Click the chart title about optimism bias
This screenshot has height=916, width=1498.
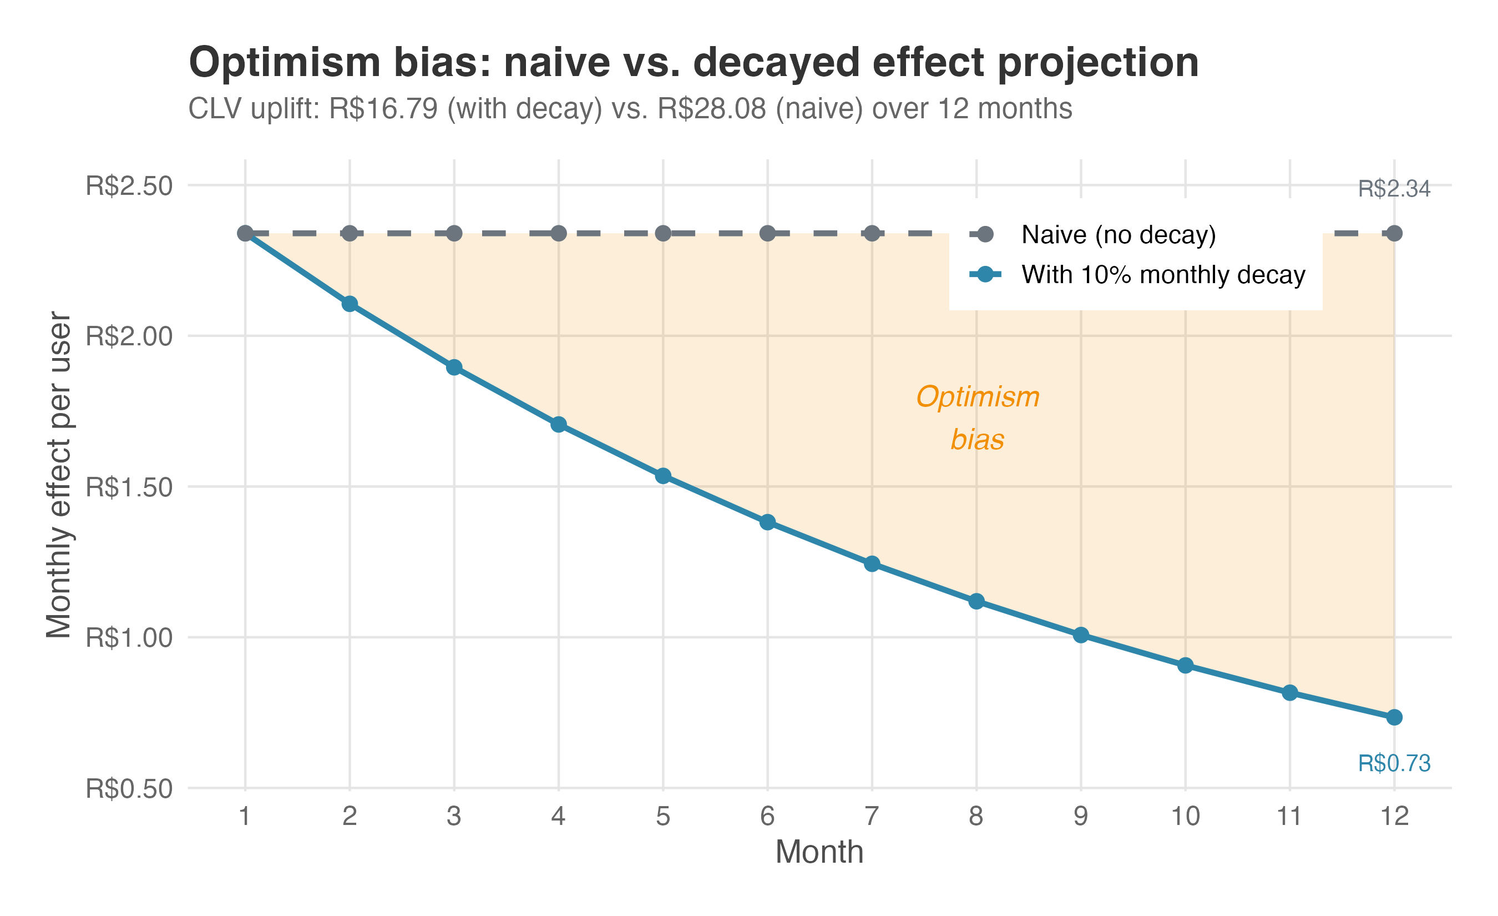(694, 63)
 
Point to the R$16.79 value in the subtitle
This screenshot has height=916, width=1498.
(383, 109)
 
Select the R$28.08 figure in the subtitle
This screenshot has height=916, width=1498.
(712, 109)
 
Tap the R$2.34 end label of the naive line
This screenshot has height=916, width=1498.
(1394, 189)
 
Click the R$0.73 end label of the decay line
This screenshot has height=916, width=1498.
(1394, 763)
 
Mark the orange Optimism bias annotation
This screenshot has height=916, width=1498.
(978, 419)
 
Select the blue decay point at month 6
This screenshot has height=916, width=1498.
(767, 522)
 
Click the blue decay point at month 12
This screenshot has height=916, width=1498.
(1394, 718)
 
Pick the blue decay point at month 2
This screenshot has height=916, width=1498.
(350, 304)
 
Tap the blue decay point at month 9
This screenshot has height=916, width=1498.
(1081, 635)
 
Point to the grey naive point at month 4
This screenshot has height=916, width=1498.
(559, 234)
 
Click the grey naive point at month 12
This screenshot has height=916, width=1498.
(1394, 234)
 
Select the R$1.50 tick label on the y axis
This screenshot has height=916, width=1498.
(129, 487)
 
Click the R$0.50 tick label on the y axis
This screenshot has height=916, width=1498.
(129, 789)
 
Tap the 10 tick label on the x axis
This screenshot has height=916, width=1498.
(1186, 816)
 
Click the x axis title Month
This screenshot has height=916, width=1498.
(819, 852)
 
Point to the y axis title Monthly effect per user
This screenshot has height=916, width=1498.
(59, 475)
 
